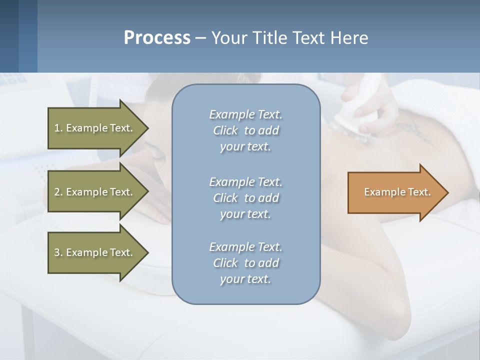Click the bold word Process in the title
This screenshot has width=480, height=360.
pos(157,37)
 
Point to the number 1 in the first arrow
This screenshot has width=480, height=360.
pos(56,128)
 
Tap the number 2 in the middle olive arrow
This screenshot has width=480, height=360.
pos(56,192)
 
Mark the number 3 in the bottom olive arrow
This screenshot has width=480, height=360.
pos(56,252)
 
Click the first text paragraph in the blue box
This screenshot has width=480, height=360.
pos(245,130)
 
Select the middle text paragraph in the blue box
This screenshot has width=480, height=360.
pos(245,198)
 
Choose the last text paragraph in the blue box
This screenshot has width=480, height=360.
pos(245,263)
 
